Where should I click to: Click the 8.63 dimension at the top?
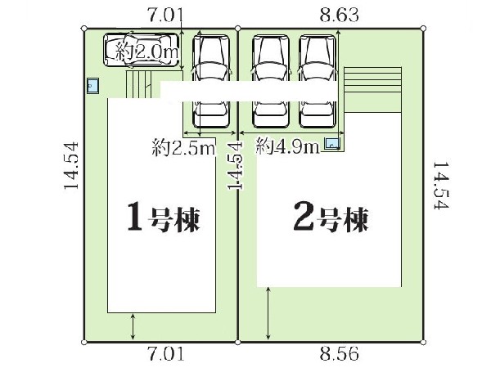[339, 15]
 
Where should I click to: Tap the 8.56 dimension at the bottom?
[339, 354]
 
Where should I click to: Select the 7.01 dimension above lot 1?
[165, 15]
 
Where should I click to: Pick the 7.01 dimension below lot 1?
[166, 354]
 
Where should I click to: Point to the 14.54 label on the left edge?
[70, 165]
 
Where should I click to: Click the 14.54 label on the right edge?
[442, 185]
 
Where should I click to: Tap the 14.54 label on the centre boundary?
[235, 165]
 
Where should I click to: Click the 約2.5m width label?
[183, 148]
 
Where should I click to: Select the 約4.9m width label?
[287, 146]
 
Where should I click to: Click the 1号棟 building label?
[164, 217]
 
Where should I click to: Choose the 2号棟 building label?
[331, 217]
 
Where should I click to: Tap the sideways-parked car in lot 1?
[142, 50]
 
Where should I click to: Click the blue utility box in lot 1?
[93, 86]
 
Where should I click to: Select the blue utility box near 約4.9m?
[331, 144]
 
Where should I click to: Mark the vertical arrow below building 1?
[133, 327]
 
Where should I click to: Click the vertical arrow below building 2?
[268, 313]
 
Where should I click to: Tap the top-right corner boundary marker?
[423, 29]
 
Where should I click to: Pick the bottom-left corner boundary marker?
[84, 343]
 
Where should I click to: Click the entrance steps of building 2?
[372, 89]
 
